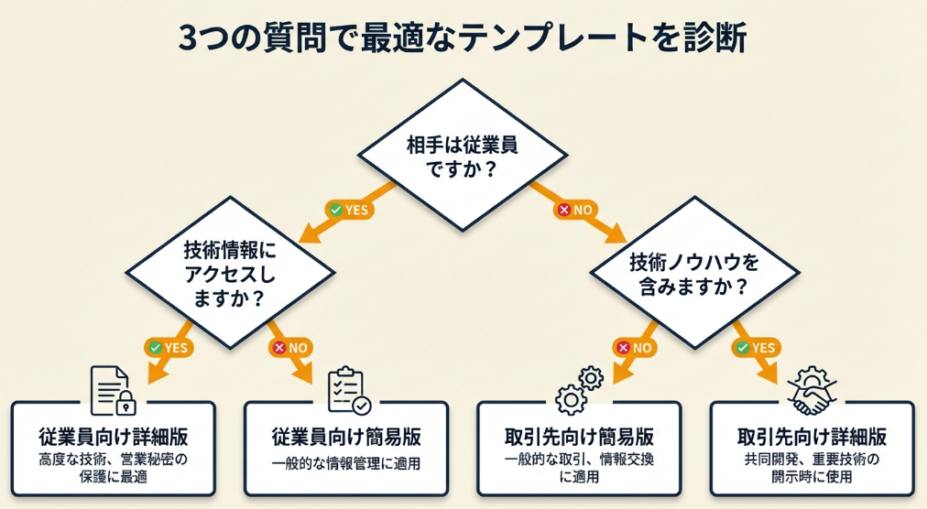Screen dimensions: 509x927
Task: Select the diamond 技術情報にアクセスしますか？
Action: point(228,272)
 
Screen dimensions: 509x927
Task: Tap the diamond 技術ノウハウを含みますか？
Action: point(693,273)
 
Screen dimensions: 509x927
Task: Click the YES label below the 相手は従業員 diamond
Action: point(348,210)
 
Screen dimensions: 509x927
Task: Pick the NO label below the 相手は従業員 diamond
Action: point(576,210)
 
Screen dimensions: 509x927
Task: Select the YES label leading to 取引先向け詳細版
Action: point(755,347)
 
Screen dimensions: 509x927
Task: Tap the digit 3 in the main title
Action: point(187,38)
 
